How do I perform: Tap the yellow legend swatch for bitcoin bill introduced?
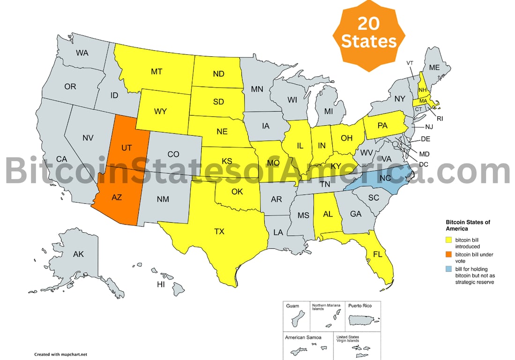click(448, 240)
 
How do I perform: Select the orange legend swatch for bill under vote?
click(448, 255)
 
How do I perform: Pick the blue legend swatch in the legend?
click(448, 269)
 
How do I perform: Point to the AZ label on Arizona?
click(116, 197)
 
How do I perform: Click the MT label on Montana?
click(157, 72)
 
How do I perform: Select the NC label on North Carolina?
click(385, 179)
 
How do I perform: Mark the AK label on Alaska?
click(78, 255)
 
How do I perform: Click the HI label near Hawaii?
click(161, 285)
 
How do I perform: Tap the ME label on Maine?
click(434, 67)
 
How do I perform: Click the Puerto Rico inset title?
click(360, 306)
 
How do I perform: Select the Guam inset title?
click(292, 306)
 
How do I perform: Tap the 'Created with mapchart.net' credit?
click(61, 354)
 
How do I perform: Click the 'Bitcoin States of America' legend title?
click(468, 225)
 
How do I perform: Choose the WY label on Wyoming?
click(161, 112)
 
